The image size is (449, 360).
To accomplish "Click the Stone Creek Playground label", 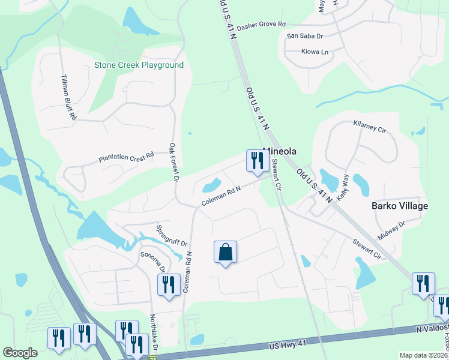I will tap(138, 65).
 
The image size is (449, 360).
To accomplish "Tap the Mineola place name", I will tap(280, 152).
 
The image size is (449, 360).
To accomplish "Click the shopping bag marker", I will tap(225, 252).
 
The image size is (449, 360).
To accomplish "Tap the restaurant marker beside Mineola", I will tap(257, 161).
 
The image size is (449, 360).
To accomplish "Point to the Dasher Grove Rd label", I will tap(261, 26).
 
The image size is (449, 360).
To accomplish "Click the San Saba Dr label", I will tap(305, 36).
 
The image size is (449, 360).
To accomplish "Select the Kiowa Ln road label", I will tap(315, 52).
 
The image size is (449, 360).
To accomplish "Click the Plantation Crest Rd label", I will tap(125, 158).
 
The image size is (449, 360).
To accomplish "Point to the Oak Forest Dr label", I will tap(174, 163).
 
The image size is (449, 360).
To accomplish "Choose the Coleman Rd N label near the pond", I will tap(220, 196).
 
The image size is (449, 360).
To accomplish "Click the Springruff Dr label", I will tap(172, 236).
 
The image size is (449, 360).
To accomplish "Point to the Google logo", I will tap(20, 353).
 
